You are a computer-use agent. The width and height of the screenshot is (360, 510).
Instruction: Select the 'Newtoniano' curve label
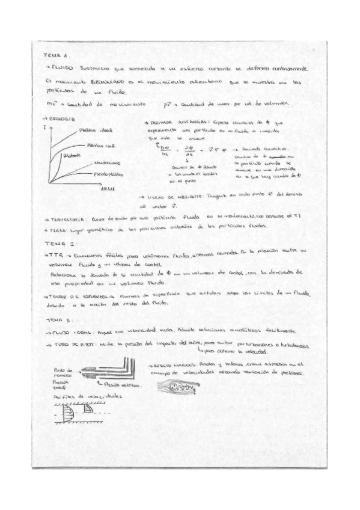pyautogui.click(x=106, y=163)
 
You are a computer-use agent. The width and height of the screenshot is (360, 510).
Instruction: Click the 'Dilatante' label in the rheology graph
pyautogui.click(x=73, y=155)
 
